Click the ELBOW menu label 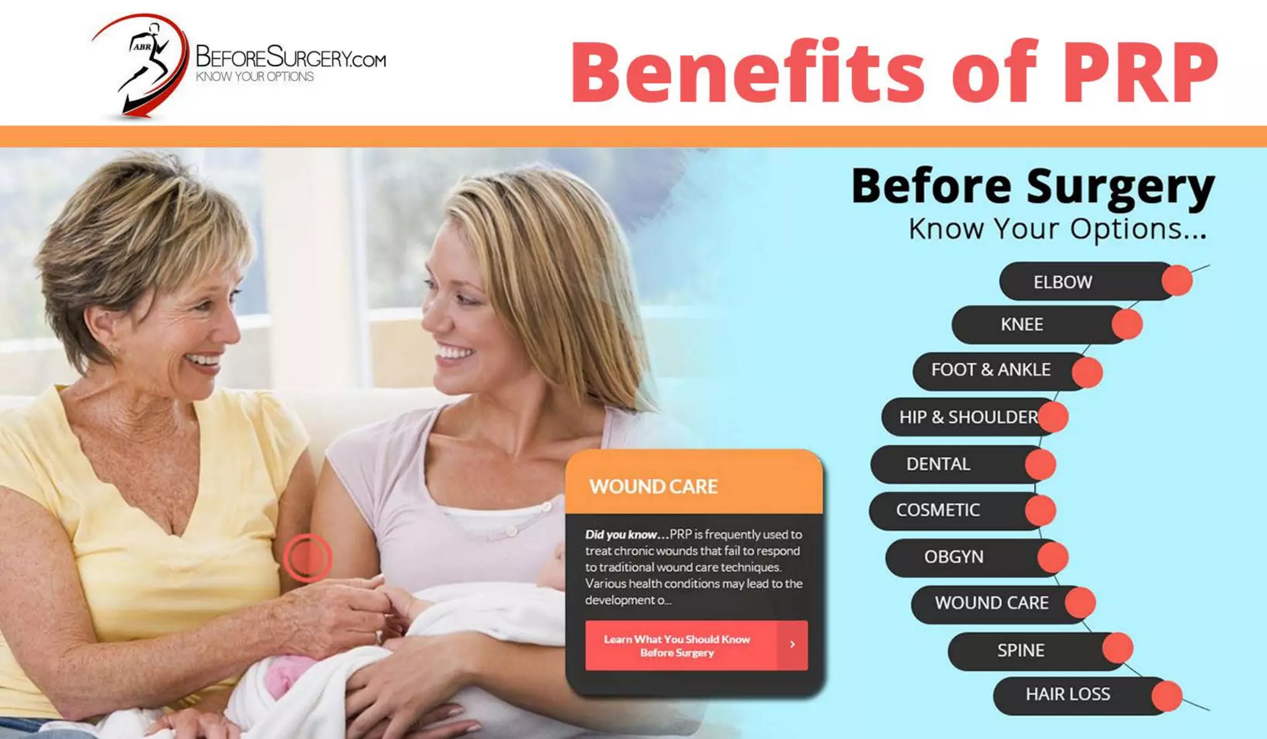click(x=1062, y=282)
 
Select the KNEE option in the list click(x=1021, y=324)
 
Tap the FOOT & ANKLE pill click(x=990, y=370)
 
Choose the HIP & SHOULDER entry click(x=968, y=417)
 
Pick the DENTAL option click(x=938, y=464)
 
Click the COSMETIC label click(x=938, y=510)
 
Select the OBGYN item click(x=953, y=557)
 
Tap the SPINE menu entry click(x=1020, y=650)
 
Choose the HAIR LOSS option click(x=1067, y=694)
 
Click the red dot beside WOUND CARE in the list click(x=1080, y=603)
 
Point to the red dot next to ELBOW click(x=1177, y=280)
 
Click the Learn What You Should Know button click(x=677, y=646)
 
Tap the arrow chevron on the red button click(x=792, y=644)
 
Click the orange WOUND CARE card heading click(x=653, y=487)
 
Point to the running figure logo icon click(x=144, y=65)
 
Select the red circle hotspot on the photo click(x=307, y=557)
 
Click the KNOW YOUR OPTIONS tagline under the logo click(x=255, y=77)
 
